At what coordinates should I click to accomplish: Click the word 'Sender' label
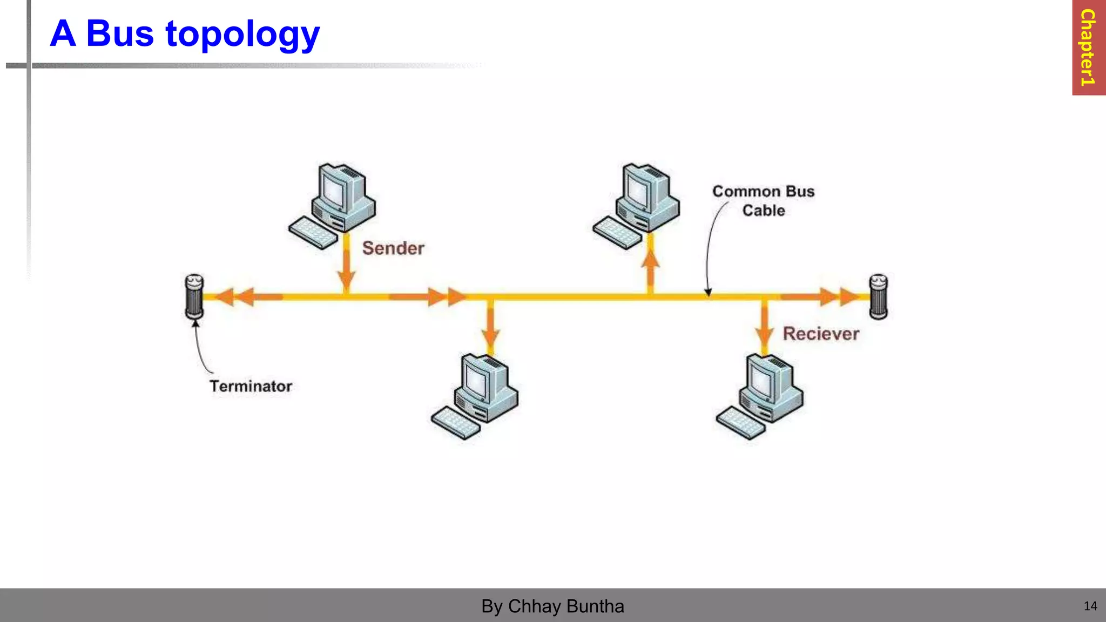[x=393, y=248]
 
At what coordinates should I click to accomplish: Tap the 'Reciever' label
[x=821, y=334]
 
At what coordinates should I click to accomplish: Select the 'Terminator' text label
[x=251, y=386]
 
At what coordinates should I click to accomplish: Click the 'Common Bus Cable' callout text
[x=763, y=201]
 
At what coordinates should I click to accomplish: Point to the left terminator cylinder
[x=194, y=296]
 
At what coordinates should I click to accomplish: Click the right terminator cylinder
[x=878, y=296]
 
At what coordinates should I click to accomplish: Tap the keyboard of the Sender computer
[x=313, y=233]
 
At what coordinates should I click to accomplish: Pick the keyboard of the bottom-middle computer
[x=455, y=423]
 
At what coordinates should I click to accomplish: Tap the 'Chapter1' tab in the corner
[x=1088, y=48]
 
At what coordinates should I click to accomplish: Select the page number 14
[x=1090, y=606]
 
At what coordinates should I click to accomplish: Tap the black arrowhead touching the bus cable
[x=707, y=293]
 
